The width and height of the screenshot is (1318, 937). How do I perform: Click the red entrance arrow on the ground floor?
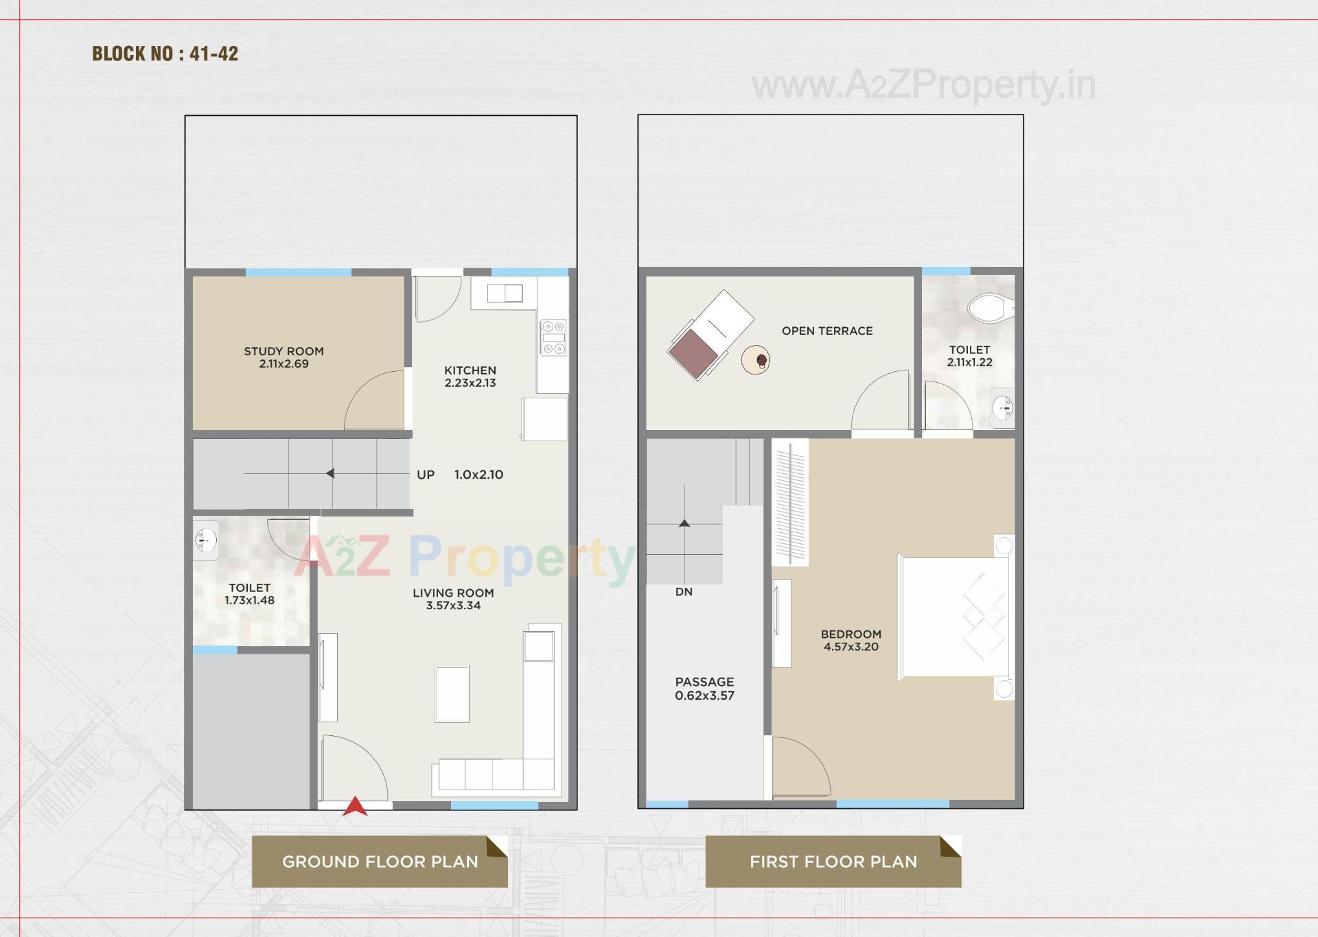click(355, 807)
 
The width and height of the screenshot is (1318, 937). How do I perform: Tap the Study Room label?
click(284, 351)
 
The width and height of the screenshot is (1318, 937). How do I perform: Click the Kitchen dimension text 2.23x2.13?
click(470, 383)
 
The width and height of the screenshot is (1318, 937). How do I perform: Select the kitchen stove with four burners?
click(553, 337)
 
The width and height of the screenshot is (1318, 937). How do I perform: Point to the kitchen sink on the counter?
click(505, 294)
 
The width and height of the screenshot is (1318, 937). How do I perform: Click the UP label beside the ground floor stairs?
click(426, 475)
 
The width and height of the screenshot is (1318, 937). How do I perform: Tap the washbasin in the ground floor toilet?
click(205, 541)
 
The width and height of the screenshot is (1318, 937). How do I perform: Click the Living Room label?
click(453, 593)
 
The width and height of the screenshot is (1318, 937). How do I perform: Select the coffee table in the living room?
click(452, 693)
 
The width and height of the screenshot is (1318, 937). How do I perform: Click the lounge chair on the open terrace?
click(710, 334)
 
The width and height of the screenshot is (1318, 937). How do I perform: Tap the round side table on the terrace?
click(756, 359)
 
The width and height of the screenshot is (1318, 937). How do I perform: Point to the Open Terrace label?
click(827, 331)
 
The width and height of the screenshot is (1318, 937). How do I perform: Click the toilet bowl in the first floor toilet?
click(989, 308)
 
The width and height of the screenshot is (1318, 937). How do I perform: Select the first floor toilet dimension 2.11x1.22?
click(969, 362)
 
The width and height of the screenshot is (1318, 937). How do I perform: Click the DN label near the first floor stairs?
click(684, 592)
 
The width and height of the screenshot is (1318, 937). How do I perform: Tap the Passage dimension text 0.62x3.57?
click(704, 696)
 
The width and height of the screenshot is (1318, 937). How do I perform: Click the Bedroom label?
click(851, 634)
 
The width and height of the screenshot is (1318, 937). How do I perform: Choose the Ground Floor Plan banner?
click(380, 862)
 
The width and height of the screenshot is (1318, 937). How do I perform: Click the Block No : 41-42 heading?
click(165, 54)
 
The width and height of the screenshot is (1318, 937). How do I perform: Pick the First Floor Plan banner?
click(833, 862)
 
